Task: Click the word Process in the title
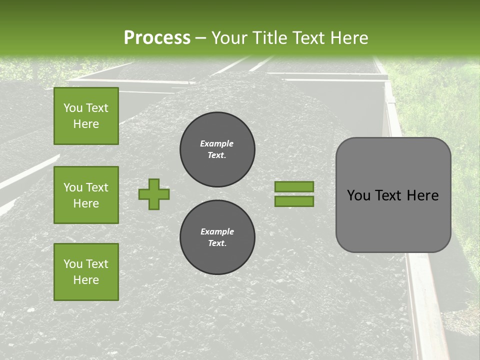(x=157, y=38)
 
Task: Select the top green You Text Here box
(x=86, y=116)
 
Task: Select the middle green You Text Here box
(x=86, y=195)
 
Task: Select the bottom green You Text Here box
(x=86, y=272)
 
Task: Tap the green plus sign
(x=153, y=194)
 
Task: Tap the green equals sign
(x=294, y=194)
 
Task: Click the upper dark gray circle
(x=217, y=149)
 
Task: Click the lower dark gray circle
(x=217, y=237)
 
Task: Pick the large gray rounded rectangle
(x=393, y=195)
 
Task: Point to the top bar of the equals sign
(x=294, y=187)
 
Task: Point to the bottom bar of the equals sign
(x=294, y=201)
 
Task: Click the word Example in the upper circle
(x=217, y=143)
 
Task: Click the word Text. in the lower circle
(x=217, y=243)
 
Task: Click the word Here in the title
(x=349, y=38)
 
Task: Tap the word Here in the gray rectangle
(x=422, y=195)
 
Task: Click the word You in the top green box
(x=73, y=108)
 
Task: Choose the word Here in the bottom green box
(x=86, y=280)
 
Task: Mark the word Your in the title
(x=228, y=38)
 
